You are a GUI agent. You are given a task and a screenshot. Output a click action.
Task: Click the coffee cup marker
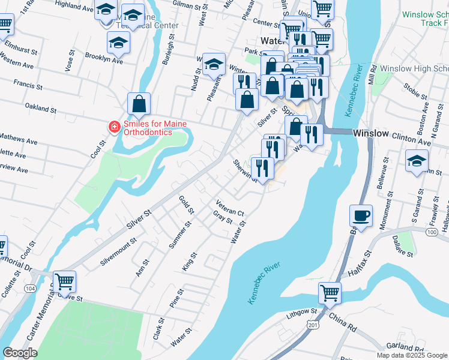pos(361,216)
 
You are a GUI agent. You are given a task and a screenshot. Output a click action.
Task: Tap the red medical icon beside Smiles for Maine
pos(113,127)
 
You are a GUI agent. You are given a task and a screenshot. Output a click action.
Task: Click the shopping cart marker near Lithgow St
pos(330,293)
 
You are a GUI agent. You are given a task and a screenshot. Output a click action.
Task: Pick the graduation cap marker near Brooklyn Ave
pos(118,43)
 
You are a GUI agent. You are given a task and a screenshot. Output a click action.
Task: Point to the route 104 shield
pos(29,289)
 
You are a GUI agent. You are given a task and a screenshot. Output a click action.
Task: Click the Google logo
pos(20,353)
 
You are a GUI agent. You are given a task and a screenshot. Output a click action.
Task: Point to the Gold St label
pos(187,204)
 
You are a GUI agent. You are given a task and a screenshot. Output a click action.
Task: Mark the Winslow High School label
pos(414,68)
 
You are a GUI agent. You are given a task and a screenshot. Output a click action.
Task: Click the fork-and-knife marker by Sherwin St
pos(262,167)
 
